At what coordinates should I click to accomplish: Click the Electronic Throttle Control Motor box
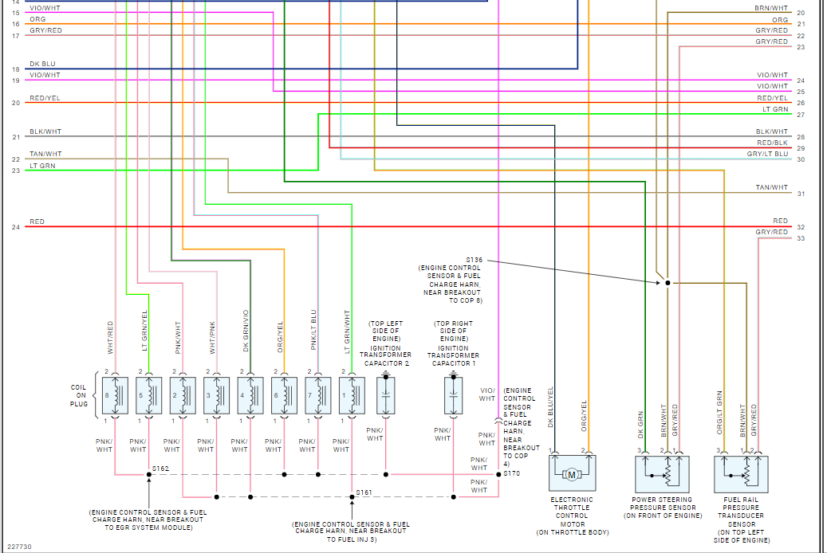click(572, 473)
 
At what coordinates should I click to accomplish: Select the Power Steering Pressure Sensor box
click(662, 473)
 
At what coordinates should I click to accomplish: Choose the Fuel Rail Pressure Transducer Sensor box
click(741, 473)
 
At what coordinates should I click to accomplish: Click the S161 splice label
click(364, 492)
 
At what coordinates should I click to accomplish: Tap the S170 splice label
click(511, 473)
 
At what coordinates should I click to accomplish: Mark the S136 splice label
click(475, 260)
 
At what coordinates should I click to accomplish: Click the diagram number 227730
click(19, 547)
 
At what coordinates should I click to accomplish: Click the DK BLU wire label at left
click(43, 64)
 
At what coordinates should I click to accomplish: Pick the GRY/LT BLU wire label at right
click(767, 154)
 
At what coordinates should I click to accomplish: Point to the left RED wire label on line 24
click(37, 222)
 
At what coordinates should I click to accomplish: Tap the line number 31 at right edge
click(801, 194)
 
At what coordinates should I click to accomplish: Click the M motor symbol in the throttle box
click(571, 475)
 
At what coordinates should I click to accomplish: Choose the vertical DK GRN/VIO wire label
click(246, 331)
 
